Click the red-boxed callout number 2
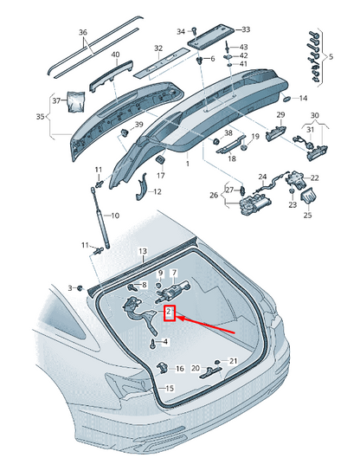pos(170,313)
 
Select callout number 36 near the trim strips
pos(83,34)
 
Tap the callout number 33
pos(246,29)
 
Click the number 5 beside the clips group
pos(329,56)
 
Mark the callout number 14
pos(304,98)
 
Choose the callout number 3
pos(70,287)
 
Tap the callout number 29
pos(280,115)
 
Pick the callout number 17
pos(161,176)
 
